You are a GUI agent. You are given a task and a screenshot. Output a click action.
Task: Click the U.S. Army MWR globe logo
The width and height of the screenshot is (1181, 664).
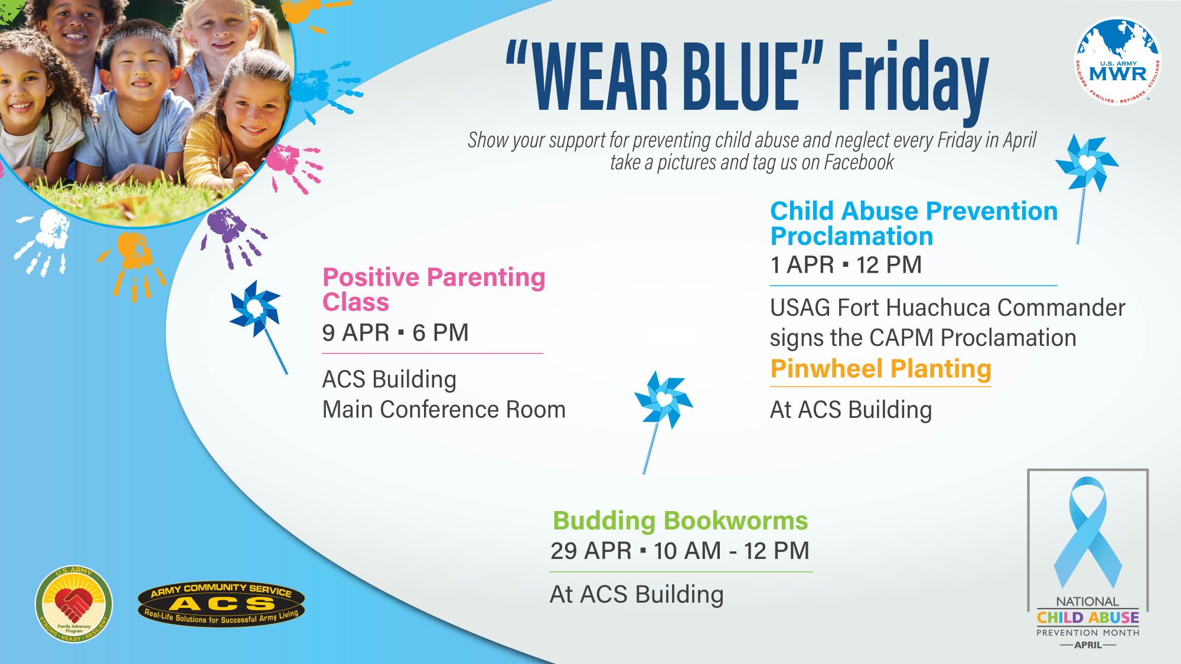(1117, 61)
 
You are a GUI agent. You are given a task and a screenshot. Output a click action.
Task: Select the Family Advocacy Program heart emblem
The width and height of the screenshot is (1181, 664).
(74, 604)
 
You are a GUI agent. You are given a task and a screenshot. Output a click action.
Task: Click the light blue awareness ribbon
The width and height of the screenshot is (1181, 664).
(1088, 531)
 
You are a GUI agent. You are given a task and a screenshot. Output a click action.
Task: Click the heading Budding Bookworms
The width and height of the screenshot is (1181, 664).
(680, 521)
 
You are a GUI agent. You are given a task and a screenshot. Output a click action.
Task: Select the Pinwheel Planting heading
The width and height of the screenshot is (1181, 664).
(880, 369)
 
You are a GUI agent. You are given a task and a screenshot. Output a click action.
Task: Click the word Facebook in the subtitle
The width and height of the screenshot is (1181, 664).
(859, 162)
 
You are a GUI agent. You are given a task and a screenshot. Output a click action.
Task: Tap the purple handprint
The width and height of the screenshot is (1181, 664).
(231, 236)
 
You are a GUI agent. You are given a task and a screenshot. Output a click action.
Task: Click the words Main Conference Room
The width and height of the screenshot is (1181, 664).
(444, 410)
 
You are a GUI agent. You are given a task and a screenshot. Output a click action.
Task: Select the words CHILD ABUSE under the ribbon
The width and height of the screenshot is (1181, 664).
(1088, 617)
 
